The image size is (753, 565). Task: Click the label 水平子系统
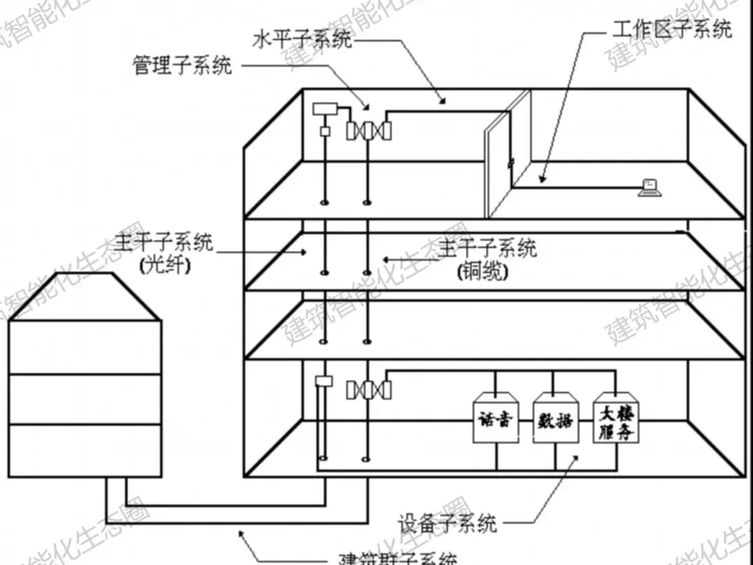point(301,40)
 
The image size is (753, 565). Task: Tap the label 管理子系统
point(183,66)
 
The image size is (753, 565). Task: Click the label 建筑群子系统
point(397,557)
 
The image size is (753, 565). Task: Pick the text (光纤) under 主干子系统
point(165,266)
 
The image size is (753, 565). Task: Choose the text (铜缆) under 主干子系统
point(482,271)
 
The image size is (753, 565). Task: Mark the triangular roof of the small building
point(84,296)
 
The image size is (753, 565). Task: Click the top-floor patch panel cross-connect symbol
point(369,130)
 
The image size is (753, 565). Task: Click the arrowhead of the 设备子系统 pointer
point(576,456)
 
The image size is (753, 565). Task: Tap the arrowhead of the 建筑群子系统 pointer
point(241,534)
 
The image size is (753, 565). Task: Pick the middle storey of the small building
point(84,399)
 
